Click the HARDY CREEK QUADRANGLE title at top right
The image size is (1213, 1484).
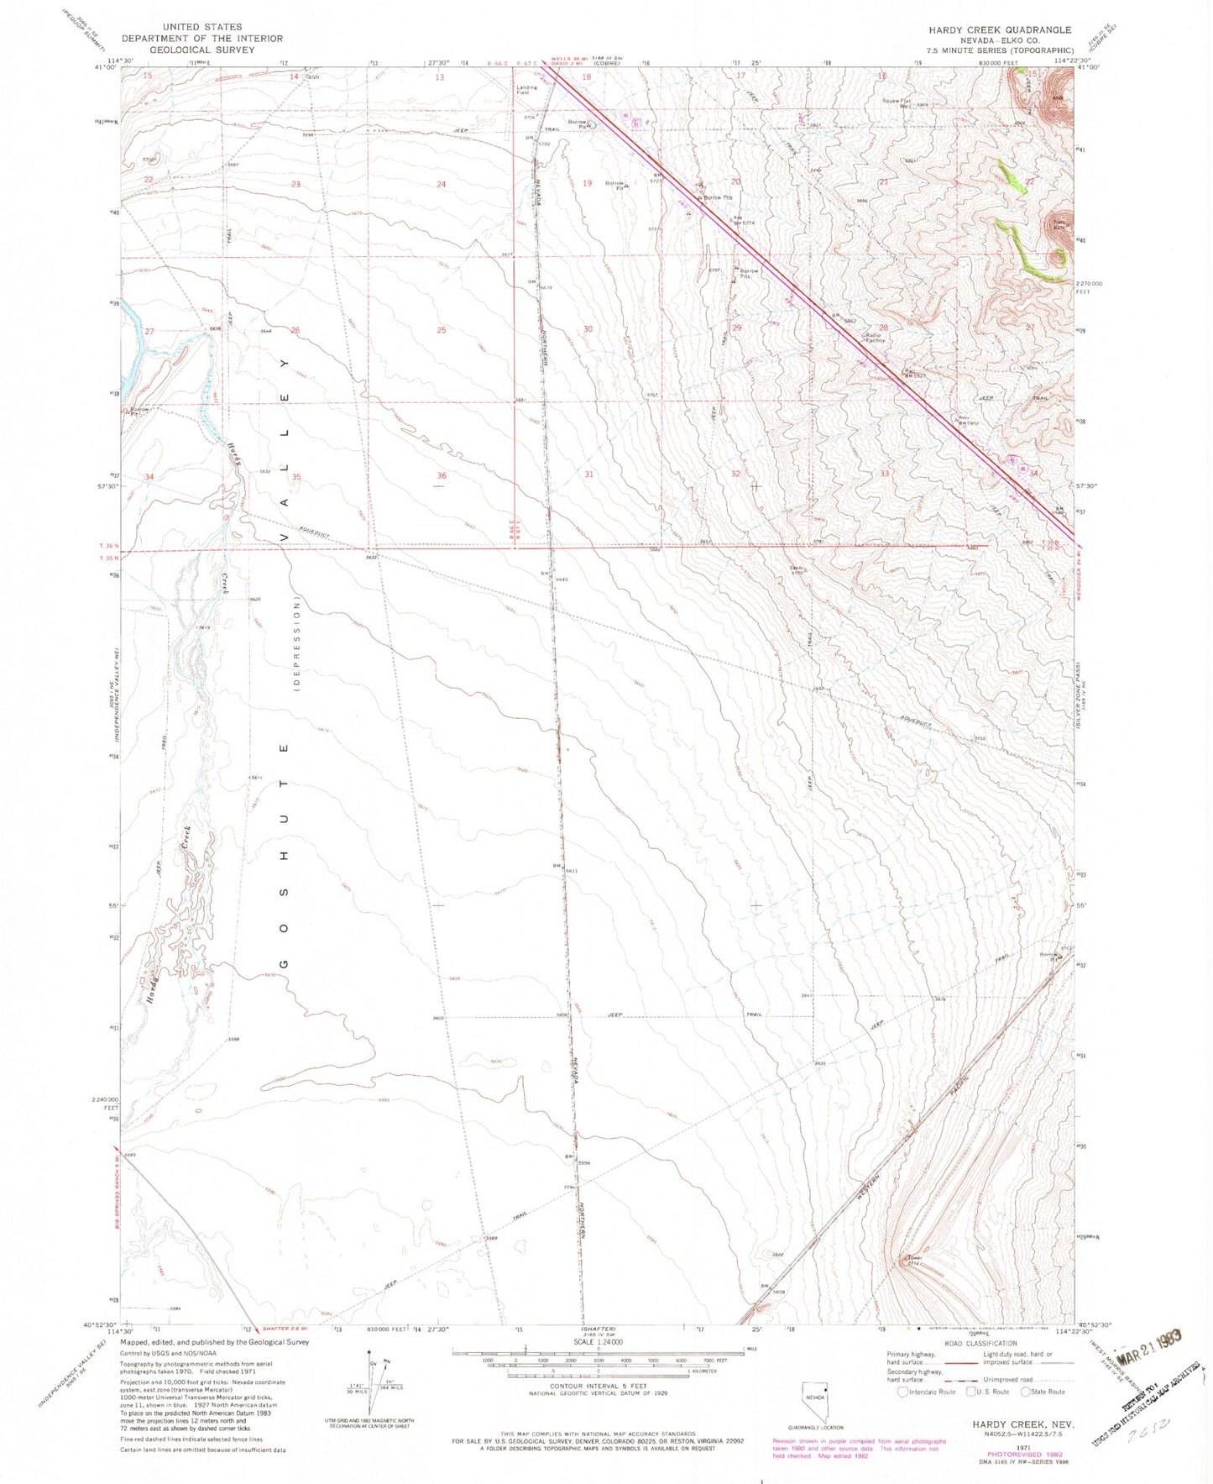click(999, 29)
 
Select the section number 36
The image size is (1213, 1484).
click(442, 476)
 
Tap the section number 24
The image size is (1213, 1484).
click(442, 184)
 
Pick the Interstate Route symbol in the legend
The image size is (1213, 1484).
click(902, 1392)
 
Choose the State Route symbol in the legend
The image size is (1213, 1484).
click(1026, 1392)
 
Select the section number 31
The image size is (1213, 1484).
click(589, 475)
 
